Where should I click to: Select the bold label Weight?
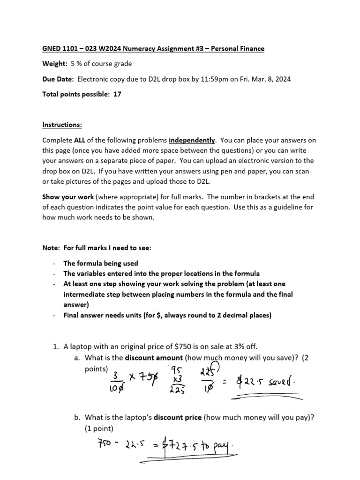(x=55, y=64)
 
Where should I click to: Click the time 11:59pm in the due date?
(x=202, y=79)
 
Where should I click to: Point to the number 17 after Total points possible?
(x=118, y=94)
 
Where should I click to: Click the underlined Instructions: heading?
(x=62, y=125)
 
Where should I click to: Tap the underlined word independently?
(x=192, y=140)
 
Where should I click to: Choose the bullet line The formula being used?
(x=101, y=263)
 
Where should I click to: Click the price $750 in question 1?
(x=164, y=346)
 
